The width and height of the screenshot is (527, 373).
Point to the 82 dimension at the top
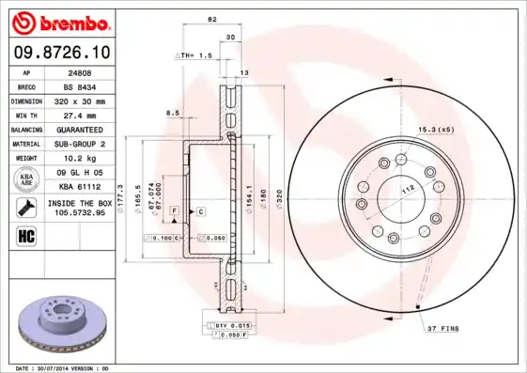(212, 20)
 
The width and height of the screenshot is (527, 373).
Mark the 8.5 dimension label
(172, 114)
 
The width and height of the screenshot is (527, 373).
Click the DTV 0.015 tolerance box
(224, 324)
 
